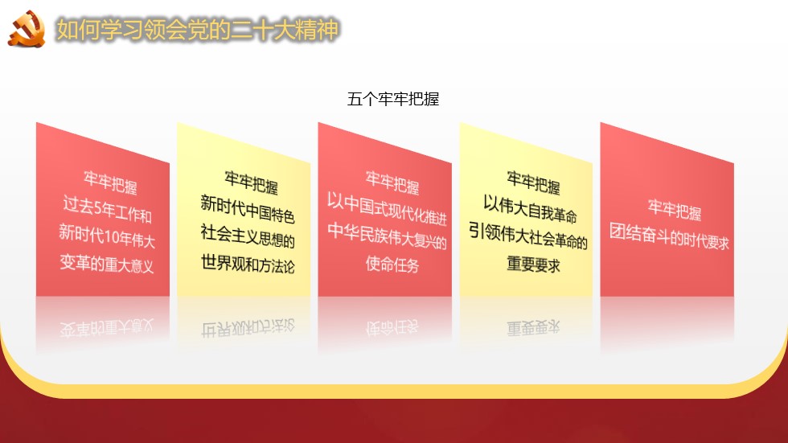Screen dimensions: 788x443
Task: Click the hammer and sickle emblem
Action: [27, 29]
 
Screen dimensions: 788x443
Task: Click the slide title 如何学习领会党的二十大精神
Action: [197, 30]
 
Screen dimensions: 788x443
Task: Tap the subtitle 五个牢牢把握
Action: [393, 99]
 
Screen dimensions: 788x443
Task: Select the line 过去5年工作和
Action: [107, 210]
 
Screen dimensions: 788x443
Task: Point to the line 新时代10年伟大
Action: [106, 236]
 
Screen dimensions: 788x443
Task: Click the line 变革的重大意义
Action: [106, 263]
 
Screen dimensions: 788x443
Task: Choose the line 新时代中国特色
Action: [248, 209]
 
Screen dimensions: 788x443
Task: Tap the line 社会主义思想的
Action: [248, 236]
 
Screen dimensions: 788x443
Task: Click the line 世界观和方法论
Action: [248, 264]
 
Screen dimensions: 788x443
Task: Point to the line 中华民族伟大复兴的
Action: [387, 236]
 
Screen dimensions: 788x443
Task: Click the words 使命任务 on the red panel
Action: [392, 264]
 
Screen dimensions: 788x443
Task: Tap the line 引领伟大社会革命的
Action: [528, 236]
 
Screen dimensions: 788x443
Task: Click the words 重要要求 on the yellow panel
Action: [533, 264]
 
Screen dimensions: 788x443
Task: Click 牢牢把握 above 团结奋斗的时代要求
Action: [674, 210]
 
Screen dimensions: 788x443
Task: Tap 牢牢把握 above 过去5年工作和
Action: [110, 182]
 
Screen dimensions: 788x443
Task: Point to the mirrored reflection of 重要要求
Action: [533, 328]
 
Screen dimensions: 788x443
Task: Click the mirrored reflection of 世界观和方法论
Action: [248, 328]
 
